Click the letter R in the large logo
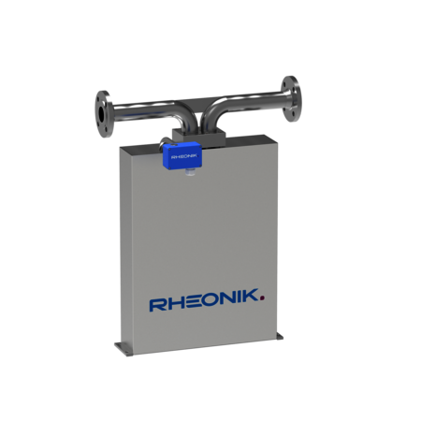pyautogui.click(x=157, y=304)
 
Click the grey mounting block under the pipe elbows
pyautogui.click(x=201, y=138)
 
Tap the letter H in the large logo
pyautogui.click(x=173, y=304)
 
